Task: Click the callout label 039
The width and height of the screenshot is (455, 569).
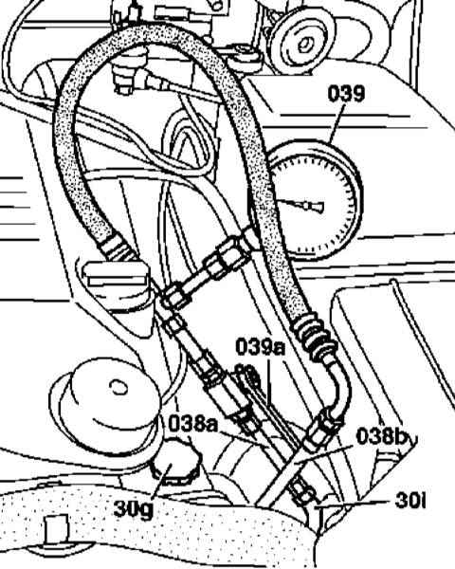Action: [x=346, y=94]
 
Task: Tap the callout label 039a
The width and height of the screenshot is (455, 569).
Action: [x=260, y=346]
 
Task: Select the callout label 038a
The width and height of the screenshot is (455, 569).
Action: [x=192, y=424]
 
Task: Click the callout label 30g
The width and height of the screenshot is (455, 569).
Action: [x=133, y=508]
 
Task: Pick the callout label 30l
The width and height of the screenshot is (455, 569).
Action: [x=410, y=502]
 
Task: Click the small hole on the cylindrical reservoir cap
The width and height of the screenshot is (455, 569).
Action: [x=118, y=387]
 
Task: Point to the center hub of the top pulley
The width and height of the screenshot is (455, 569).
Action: [x=305, y=45]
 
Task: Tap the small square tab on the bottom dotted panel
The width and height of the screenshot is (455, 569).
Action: [x=57, y=530]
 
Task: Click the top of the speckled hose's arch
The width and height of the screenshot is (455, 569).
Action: [x=153, y=35]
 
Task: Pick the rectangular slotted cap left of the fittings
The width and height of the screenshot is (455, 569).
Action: [x=116, y=282]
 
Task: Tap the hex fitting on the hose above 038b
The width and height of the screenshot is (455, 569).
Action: [x=322, y=429]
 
